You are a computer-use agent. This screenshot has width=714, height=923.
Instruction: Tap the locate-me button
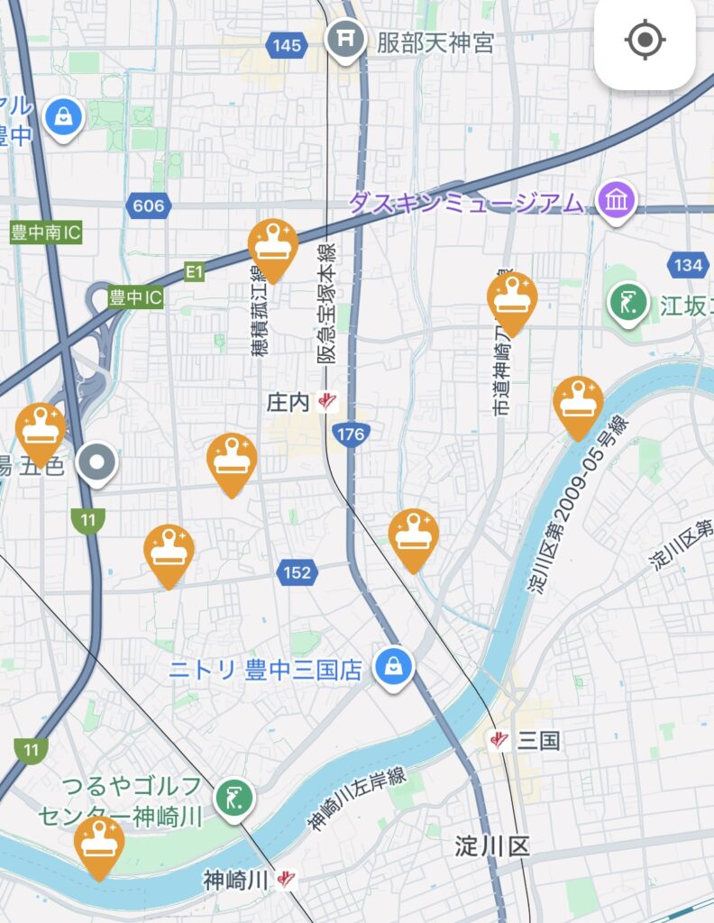pos(645,40)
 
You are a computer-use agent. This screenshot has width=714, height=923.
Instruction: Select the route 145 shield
pos(286,43)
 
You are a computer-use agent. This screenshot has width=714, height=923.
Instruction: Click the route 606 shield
pos(148,206)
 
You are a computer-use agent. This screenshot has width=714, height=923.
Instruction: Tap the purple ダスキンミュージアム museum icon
pos(617,200)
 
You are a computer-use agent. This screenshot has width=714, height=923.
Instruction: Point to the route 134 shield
pos(687,264)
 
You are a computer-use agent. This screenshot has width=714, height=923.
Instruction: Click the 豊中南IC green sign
pos(45,233)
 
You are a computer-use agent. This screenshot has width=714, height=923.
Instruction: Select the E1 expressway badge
pos(195,270)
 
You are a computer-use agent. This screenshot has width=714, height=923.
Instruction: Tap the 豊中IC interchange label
pos(136,297)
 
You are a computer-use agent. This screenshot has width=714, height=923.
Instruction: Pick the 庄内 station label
pos(288,402)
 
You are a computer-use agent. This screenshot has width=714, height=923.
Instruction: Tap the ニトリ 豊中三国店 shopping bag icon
pos(394,668)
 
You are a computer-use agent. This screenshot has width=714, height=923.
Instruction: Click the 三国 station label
pos(538,741)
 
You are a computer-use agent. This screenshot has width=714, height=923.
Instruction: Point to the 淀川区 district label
pos(491,845)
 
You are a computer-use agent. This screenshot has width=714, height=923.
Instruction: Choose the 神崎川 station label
pos(236,879)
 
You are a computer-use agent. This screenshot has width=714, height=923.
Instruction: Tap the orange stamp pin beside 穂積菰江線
pos(272,246)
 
